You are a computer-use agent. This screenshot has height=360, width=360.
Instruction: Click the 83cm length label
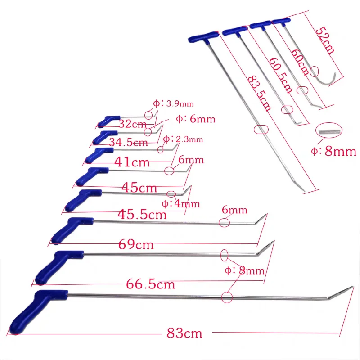[x=184, y=333]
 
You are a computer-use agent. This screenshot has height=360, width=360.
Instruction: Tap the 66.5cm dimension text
[x=150, y=284]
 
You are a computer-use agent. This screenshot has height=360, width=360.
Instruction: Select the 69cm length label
[x=136, y=244]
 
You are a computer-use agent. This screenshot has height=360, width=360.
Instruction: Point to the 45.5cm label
[x=142, y=215]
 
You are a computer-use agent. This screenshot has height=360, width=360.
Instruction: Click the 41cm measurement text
[x=132, y=162]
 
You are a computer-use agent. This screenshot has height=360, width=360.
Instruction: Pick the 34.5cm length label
[x=128, y=142]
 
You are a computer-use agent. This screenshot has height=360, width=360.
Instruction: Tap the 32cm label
[x=132, y=124]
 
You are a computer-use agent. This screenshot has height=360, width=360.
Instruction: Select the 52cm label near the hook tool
[x=325, y=40]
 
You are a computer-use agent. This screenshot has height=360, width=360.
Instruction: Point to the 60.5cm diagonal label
[x=280, y=75]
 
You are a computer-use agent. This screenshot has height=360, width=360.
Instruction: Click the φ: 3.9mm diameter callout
[x=173, y=103]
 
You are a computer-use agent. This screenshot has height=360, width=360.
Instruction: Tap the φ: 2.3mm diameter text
[x=183, y=139]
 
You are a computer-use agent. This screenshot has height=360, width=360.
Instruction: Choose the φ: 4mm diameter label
[x=181, y=204]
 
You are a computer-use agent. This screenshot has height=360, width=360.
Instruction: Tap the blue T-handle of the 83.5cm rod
[x=203, y=37]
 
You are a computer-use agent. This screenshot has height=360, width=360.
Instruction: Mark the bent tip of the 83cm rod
[x=341, y=292]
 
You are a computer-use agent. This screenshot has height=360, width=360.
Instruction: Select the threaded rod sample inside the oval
[x=329, y=131]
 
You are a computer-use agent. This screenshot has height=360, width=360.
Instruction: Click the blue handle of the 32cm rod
[x=108, y=121]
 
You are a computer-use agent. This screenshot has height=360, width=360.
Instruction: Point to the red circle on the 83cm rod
[x=227, y=297]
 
